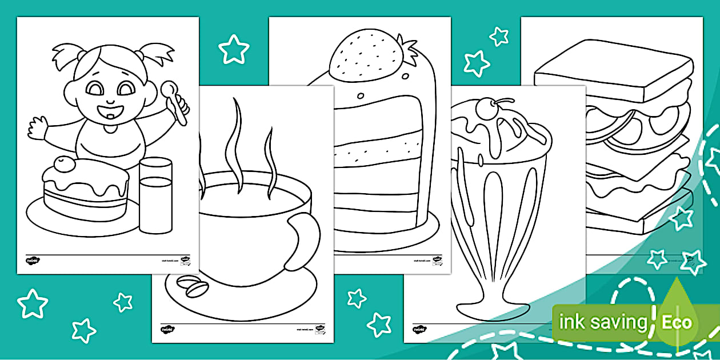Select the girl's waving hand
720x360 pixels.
38,127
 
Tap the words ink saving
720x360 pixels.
602,322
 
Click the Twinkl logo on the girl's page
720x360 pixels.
33,261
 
